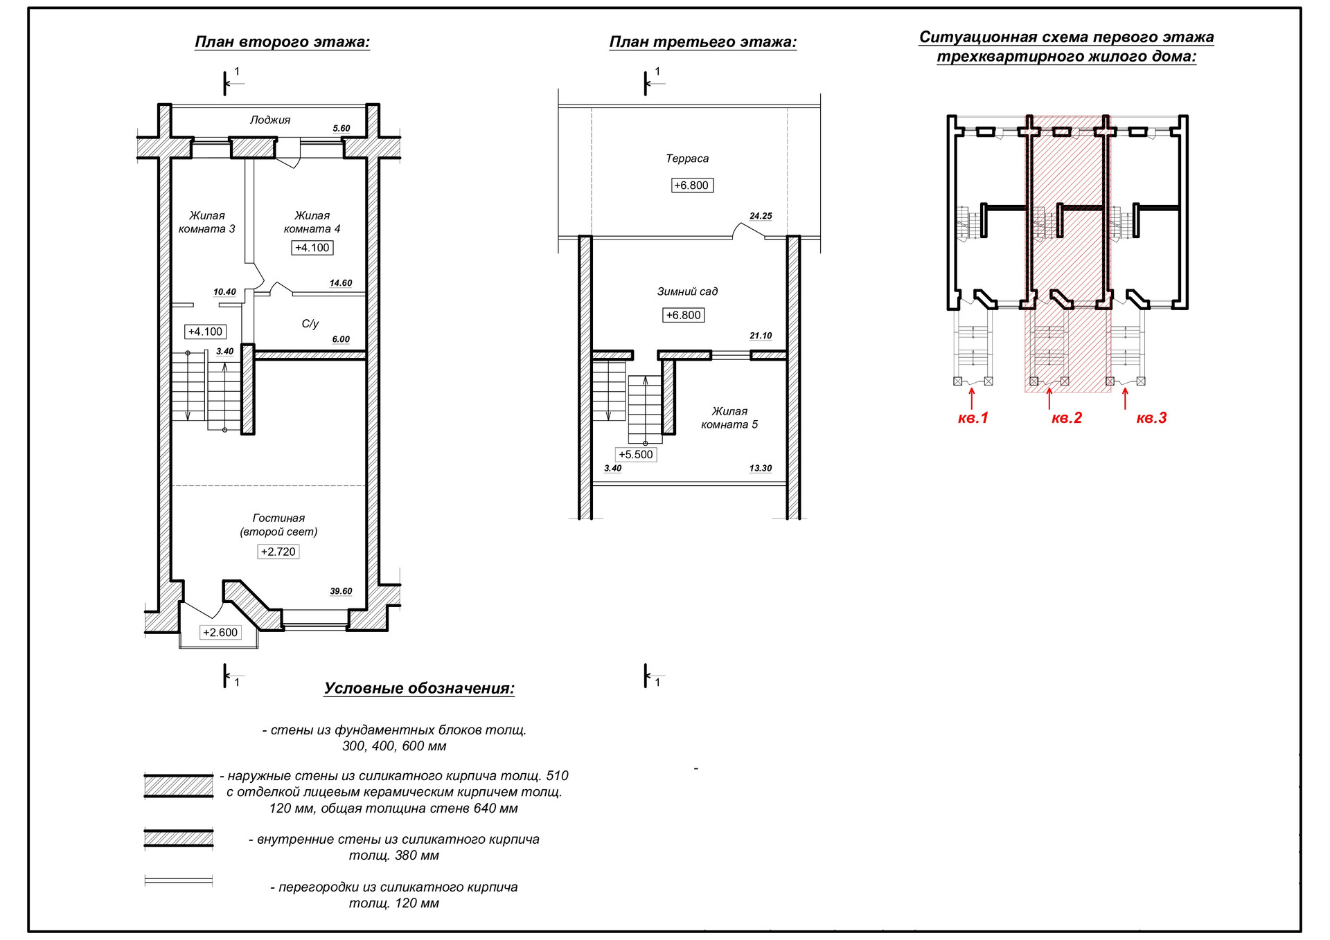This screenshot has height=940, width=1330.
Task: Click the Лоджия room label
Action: click(x=270, y=120)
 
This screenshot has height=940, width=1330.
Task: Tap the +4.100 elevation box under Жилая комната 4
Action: click(x=312, y=248)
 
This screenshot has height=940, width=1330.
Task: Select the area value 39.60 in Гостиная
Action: click(x=341, y=591)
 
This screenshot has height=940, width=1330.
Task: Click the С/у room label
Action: click(x=310, y=323)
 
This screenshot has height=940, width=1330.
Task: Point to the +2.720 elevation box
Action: click(x=278, y=552)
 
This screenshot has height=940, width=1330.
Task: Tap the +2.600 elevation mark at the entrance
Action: click(x=220, y=633)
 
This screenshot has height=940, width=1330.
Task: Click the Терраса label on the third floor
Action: click(x=687, y=159)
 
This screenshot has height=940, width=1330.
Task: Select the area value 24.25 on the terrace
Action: click(x=761, y=216)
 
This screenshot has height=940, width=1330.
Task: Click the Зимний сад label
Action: click(x=687, y=291)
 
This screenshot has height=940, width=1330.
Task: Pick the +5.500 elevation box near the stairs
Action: click(x=636, y=455)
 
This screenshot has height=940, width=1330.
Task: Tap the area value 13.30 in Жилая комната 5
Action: click(x=761, y=469)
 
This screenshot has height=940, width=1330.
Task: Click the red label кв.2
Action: click(x=1066, y=418)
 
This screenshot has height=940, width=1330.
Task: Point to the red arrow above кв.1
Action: click(x=972, y=398)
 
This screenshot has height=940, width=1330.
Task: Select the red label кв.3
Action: click(x=1151, y=418)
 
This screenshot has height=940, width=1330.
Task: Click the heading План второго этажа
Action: click(x=283, y=42)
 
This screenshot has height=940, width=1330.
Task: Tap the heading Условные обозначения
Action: click(x=419, y=689)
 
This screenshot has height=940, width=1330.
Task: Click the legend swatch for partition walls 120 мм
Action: click(x=179, y=881)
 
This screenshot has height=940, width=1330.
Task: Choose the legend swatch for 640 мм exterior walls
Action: click(x=179, y=786)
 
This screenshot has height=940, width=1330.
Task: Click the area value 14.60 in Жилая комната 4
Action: click(x=341, y=283)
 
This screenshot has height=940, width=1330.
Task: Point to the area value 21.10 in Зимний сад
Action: click(x=761, y=336)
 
